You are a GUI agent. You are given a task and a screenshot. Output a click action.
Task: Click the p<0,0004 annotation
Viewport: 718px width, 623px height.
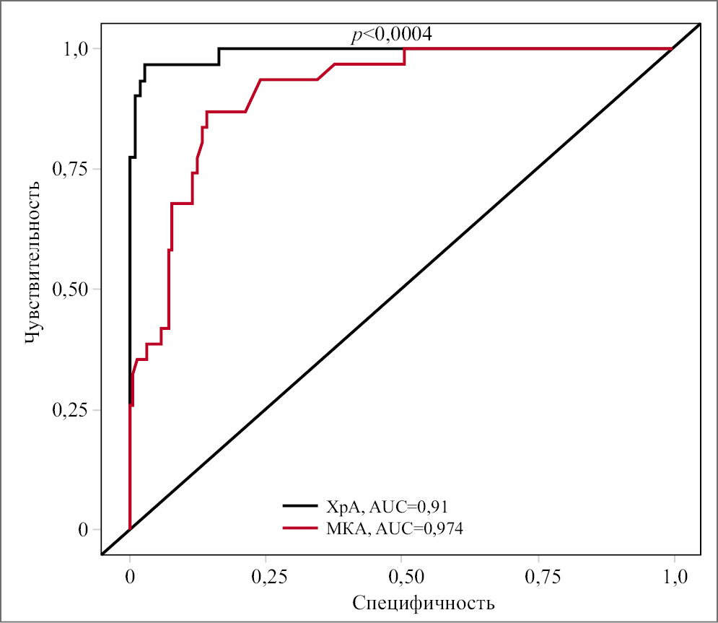point(391,35)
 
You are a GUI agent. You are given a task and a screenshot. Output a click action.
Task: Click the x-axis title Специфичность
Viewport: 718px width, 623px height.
point(423,602)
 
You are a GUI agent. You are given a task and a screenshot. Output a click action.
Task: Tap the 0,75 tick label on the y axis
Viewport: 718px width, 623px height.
point(71,169)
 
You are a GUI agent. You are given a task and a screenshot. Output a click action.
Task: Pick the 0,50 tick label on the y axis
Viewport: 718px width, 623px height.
point(71,289)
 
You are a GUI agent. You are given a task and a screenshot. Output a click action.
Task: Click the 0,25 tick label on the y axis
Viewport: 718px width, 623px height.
point(71,410)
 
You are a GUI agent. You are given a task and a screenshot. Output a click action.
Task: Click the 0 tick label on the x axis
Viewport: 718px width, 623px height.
point(130,577)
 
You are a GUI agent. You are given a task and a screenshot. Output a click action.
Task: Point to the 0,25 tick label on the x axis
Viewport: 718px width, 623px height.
point(266,577)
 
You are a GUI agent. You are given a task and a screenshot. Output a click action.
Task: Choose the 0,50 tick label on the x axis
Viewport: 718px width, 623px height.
point(402,577)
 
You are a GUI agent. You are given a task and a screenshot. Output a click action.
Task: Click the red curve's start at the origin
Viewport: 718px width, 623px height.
point(130,529)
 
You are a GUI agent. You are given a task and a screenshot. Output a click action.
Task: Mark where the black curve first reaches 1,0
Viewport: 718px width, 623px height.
point(219,48)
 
